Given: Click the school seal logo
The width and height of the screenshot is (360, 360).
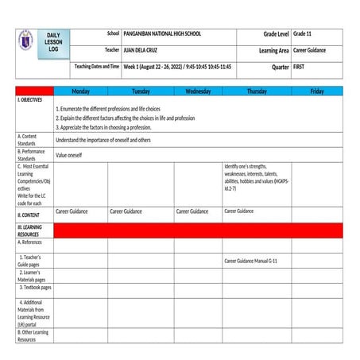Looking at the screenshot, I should [x=26, y=41].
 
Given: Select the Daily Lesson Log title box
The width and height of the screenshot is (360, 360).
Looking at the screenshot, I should [x=53, y=43].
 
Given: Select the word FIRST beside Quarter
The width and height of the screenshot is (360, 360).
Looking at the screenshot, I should [x=299, y=67].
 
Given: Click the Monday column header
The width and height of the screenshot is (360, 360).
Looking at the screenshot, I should [x=80, y=91].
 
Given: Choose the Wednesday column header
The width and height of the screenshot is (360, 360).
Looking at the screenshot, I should [x=197, y=91].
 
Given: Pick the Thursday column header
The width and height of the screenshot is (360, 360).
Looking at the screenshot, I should [x=257, y=91].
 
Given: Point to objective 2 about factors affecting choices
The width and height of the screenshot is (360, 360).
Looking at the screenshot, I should [x=125, y=118].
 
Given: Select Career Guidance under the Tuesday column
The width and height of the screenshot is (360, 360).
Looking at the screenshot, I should [x=126, y=211].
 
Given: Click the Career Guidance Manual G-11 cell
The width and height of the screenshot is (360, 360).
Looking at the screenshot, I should [x=250, y=261].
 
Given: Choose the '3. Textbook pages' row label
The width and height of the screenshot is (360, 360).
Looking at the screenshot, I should [x=34, y=287].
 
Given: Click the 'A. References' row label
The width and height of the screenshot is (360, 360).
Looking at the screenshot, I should [x=32, y=242].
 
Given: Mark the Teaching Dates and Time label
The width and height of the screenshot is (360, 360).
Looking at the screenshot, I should [x=97, y=66].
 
